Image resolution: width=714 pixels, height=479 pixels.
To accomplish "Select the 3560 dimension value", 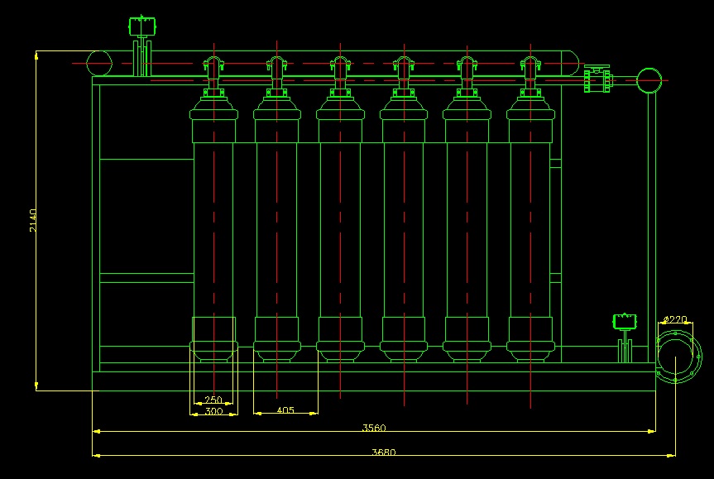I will pos(374,428).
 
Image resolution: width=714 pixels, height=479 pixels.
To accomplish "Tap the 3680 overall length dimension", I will pos(382,452).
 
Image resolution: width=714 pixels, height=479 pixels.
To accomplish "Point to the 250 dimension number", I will pos(213,400).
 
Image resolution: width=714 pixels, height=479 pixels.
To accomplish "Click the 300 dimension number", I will pos(213,410).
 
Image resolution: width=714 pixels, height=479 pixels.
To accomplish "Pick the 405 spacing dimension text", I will pos(285,410).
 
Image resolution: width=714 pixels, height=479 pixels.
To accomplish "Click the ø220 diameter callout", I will pos(675,319).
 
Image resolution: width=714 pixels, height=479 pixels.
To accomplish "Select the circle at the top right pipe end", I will pos(649,80).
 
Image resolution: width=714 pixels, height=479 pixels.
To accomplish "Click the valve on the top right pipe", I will pos(597,80).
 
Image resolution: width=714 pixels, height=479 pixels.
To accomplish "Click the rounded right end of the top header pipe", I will pos(571,64).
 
